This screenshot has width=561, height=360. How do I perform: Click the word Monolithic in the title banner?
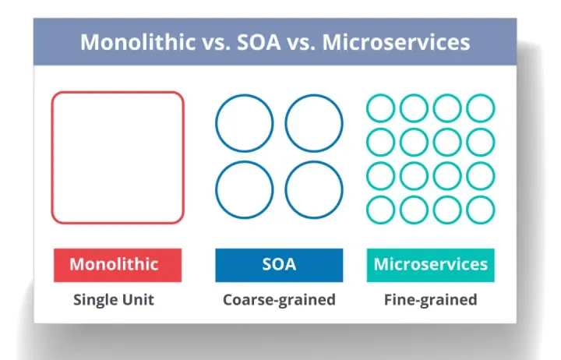click(138, 42)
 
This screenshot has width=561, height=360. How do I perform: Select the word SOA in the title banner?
click(259, 42)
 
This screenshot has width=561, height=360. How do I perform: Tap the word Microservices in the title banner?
click(396, 42)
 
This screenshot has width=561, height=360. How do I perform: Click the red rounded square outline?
click(52, 157)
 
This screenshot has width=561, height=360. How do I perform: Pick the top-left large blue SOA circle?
click(216, 123)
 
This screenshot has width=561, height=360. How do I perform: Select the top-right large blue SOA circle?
click(285, 123)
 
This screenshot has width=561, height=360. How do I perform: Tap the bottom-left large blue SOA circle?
click(216, 189)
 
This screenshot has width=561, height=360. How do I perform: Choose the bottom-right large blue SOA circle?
click(285, 189)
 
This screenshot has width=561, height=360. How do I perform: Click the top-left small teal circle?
click(368, 108)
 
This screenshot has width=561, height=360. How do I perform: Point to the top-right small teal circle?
click(467, 108)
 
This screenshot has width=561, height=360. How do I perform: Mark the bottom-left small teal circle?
click(368, 210)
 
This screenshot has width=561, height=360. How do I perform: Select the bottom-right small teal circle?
click(467, 210)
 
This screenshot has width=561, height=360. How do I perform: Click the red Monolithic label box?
click(118, 265)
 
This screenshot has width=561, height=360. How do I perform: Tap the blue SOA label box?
click(279, 265)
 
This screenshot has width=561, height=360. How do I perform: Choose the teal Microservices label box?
click(430, 265)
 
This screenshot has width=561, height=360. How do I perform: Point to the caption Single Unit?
click(114, 300)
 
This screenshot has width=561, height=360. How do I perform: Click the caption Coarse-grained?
click(279, 300)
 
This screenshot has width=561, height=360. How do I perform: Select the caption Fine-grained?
click(430, 300)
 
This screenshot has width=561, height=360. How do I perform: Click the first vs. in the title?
click(216, 43)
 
